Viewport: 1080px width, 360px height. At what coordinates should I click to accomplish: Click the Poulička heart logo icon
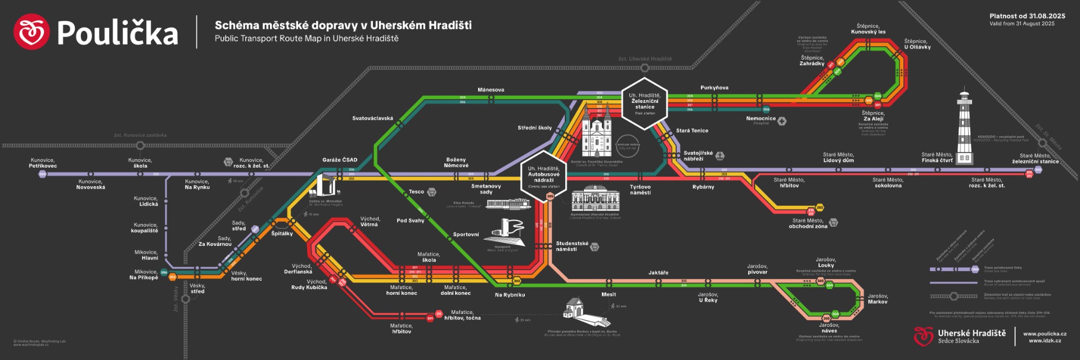pyautogui.click(x=31, y=31)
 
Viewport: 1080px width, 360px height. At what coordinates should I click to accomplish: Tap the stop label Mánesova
pyautogui.click(x=490, y=90)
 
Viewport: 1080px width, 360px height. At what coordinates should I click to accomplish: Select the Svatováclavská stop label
pyautogui.click(x=372, y=119)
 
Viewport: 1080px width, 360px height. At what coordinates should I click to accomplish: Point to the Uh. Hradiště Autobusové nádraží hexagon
pyautogui.click(x=543, y=176)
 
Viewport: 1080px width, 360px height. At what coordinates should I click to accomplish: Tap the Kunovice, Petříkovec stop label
pyautogui.click(x=43, y=163)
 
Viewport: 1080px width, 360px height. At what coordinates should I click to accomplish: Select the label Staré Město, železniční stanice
pyautogui.click(x=1035, y=159)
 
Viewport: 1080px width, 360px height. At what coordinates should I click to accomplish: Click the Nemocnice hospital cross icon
pyautogui.click(x=782, y=121)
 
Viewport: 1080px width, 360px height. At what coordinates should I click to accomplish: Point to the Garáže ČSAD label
pyautogui.click(x=340, y=160)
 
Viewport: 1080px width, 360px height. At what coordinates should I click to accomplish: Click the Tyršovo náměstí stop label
pyautogui.click(x=640, y=190)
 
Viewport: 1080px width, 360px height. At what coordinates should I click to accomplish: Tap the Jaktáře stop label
pyautogui.click(x=658, y=273)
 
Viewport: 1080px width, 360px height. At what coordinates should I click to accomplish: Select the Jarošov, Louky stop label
pyautogui.click(x=826, y=263)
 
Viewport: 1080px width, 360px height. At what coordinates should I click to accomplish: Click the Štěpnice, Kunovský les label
pyautogui.click(x=868, y=29)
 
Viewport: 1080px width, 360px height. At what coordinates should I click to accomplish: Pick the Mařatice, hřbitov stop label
pyautogui.click(x=401, y=328)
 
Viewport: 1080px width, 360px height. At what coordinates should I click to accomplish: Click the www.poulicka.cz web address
pyautogui.click(x=1045, y=334)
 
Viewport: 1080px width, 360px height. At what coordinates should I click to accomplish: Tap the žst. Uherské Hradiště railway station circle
pyautogui.click(x=645, y=68)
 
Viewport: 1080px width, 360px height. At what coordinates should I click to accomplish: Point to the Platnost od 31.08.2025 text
pyautogui.click(x=1027, y=16)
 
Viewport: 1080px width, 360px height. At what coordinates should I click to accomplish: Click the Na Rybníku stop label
pyautogui.click(x=510, y=295)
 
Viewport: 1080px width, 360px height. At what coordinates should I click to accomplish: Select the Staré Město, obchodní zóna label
pyautogui.click(x=808, y=223)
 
